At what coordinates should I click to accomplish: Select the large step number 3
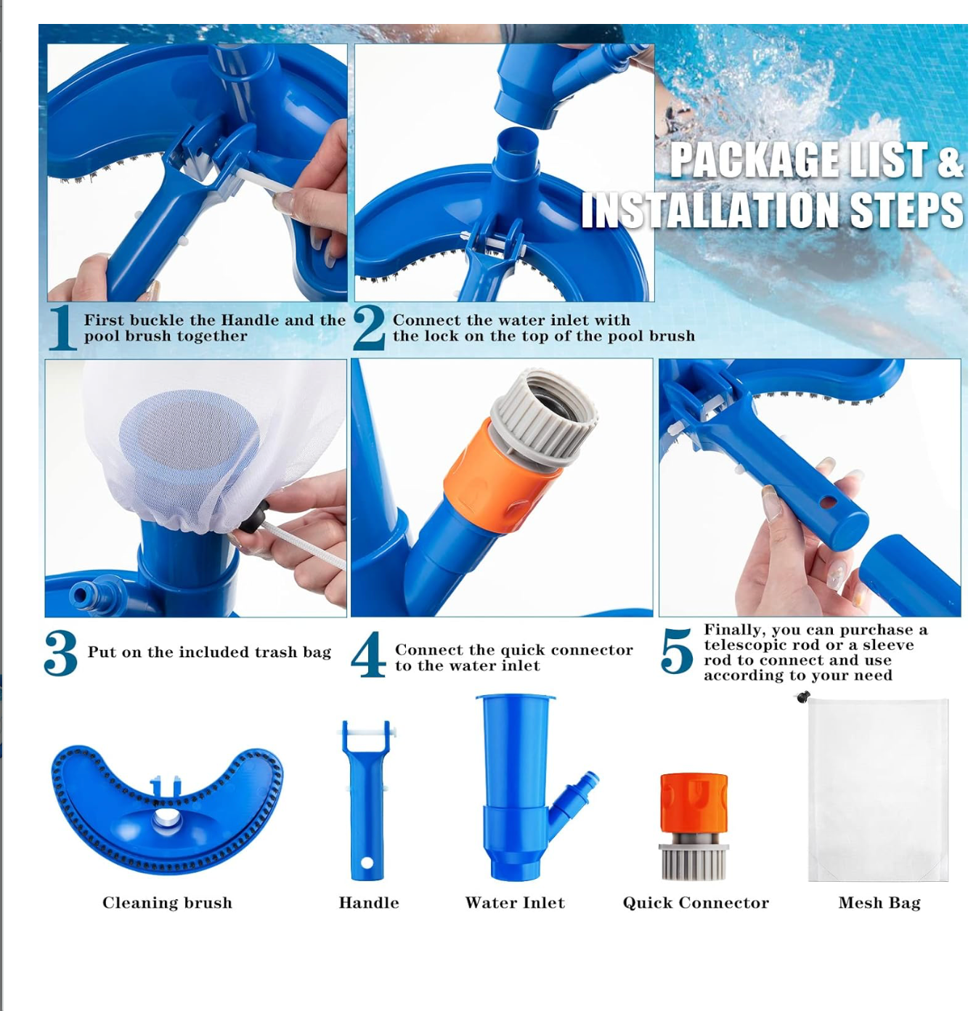61,652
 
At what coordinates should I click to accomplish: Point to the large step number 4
368,654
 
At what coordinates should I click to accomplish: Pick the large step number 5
676,651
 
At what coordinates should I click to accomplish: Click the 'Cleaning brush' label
167,902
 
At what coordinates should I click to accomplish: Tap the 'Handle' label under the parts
369,902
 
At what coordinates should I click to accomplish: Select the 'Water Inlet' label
515,902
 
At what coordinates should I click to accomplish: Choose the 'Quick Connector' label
696,902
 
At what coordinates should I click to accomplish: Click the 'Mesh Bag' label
879,902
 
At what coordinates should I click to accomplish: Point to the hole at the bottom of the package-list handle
367,863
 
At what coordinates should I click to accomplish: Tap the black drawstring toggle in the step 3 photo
254,516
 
